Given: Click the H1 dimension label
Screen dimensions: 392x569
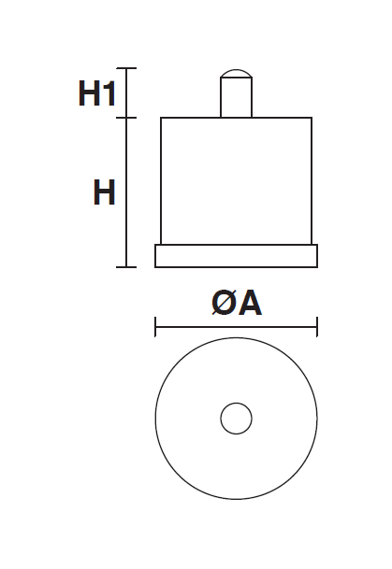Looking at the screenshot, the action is click(97, 93).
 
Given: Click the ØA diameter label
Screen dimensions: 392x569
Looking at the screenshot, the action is click(237, 304).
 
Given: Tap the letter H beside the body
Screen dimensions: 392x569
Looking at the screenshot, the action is click(104, 192).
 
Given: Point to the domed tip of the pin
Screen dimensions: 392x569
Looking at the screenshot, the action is click(236, 73).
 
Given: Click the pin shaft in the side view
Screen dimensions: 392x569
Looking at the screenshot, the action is click(236, 97).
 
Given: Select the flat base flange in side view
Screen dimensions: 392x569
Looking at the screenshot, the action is click(236, 256).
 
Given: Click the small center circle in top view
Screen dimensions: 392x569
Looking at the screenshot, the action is click(236, 419).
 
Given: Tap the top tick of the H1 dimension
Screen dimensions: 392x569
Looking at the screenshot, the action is click(126, 68).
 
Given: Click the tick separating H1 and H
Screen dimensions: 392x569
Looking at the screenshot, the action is click(126, 118).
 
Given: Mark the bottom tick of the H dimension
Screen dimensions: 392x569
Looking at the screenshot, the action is click(126, 267).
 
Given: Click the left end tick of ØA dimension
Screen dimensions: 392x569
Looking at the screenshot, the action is click(155, 327).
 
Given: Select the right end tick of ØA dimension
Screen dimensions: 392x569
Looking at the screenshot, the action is click(317, 327).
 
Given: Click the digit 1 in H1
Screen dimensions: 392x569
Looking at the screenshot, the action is click(109, 93).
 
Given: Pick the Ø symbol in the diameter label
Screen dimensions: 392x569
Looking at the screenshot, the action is click(224, 304).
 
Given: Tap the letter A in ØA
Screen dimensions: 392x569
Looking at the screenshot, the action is click(250, 304).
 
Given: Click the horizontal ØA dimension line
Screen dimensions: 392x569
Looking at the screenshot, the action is click(236, 327).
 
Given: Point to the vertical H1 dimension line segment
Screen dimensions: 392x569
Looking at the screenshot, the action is click(126, 92).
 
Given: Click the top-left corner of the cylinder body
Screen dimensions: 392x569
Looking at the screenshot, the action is click(161, 118).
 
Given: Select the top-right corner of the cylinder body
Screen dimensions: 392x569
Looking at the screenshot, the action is click(312, 118).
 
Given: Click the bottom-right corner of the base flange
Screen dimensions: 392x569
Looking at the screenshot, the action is click(317, 267).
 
